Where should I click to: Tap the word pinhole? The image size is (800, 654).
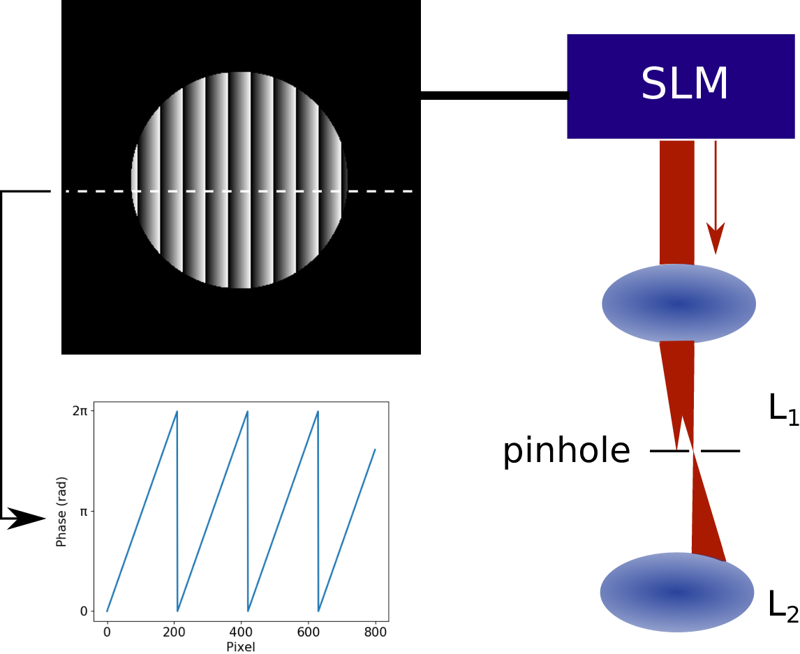pyautogui.click(x=566, y=450)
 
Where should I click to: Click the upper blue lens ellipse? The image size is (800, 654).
pyautogui.click(x=679, y=304)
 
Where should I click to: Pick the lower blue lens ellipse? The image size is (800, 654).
pyautogui.click(x=677, y=593)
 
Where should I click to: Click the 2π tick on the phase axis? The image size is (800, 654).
pyautogui.click(x=80, y=410)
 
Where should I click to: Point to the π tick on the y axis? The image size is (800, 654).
pyautogui.click(x=84, y=511)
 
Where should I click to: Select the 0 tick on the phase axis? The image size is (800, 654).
pyautogui.click(x=84, y=611)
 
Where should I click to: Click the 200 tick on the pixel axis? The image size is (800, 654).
pyautogui.click(x=174, y=632)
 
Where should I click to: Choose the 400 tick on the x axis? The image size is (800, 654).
pyautogui.click(x=241, y=632)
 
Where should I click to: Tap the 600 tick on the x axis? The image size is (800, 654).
pyautogui.click(x=308, y=632)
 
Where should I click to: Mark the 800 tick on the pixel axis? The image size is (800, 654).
pyautogui.click(x=376, y=632)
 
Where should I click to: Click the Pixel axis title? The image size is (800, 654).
pyautogui.click(x=241, y=647)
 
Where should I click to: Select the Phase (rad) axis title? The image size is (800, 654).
pyautogui.click(x=61, y=512)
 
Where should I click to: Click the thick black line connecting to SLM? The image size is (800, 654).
pyautogui.click(x=494, y=96)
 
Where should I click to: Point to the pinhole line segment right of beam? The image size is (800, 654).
pyautogui.click(x=720, y=451)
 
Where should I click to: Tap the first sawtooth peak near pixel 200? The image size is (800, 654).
pyautogui.click(x=177, y=411)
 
